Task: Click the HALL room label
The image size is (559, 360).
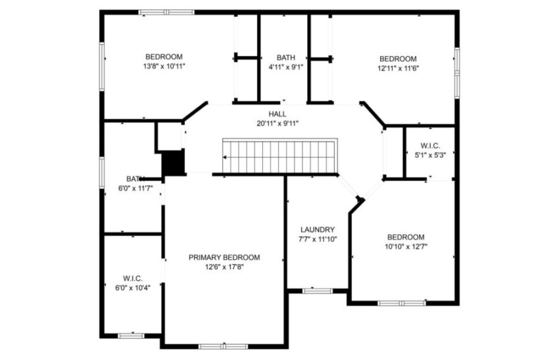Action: [277, 114]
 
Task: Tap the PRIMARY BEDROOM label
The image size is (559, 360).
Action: [224, 257]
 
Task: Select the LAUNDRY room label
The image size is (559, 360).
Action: [318, 230]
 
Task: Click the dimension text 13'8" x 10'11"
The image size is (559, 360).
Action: [164, 66]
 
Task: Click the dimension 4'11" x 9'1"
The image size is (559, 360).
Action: [286, 66]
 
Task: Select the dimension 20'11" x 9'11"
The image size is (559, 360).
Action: [277, 123]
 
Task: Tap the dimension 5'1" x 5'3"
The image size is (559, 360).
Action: [430, 155]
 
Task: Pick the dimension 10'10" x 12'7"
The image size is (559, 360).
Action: [405, 247]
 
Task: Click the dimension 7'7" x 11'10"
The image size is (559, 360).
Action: [318, 240]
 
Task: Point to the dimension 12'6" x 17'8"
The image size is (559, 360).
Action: [224, 267]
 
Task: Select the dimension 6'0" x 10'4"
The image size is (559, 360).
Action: [133, 288]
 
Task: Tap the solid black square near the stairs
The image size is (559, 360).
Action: [172, 163]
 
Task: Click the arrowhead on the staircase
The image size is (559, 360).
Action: [226, 158]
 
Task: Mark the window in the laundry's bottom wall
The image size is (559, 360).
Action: [318, 290]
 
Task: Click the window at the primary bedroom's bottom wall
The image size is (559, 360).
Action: [223, 346]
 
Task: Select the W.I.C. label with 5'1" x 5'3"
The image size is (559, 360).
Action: [430, 145]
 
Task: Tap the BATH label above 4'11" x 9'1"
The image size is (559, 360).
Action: [286, 57]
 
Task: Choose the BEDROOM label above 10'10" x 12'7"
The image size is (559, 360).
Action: [405, 237]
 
